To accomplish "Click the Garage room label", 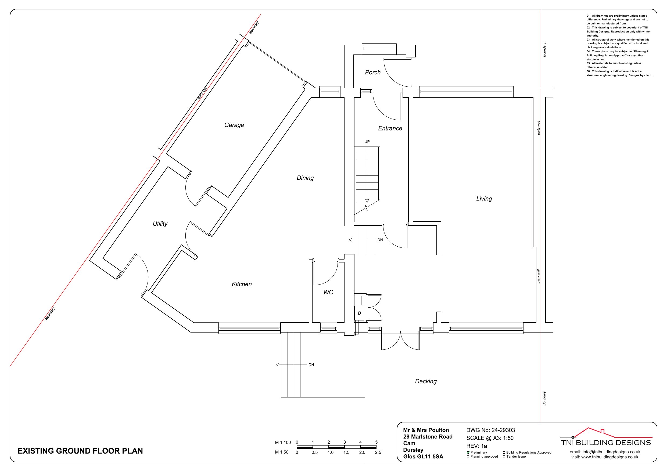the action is (x=234, y=125).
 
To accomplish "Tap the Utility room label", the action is (x=160, y=224).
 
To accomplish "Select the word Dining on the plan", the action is (x=305, y=178).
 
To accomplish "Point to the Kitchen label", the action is (x=242, y=284).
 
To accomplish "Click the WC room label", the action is (x=328, y=292).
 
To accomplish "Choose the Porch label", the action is (x=373, y=72).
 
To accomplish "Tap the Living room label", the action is (x=484, y=199).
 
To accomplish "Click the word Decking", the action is (x=426, y=381).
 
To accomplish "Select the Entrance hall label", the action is (x=390, y=128).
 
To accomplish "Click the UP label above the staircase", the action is (x=367, y=142).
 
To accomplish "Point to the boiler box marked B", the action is (x=359, y=313).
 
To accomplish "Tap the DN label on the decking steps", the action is (x=311, y=365).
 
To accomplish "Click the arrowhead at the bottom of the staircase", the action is (x=367, y=201).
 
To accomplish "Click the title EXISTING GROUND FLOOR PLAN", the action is (x=80, y=451).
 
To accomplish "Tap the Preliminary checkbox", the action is (x=468, y=452).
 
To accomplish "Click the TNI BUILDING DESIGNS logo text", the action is (x=606, y=443).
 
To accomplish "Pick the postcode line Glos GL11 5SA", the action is (x=423, y=457).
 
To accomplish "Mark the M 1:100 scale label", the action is (x=283, y=443).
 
